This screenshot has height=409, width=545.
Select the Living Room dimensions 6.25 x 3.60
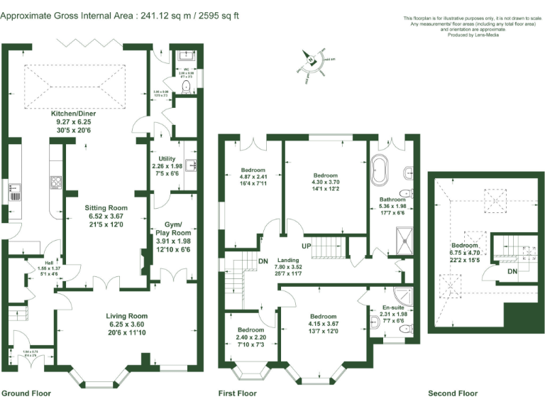pos(126,324)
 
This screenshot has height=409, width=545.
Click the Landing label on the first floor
pos(287,260)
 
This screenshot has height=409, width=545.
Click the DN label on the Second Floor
pos(512,271)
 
